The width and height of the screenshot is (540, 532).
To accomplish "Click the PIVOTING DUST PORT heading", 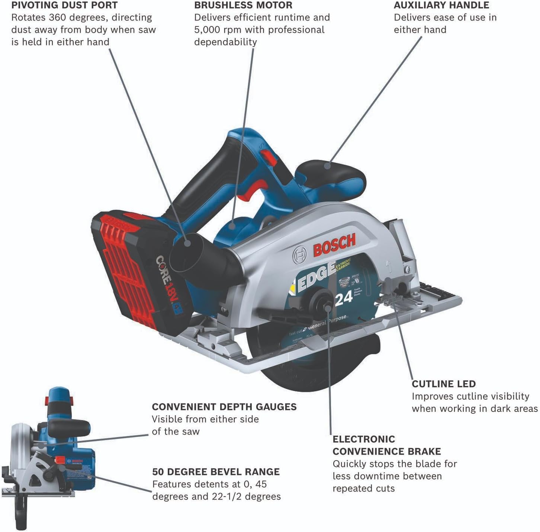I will tap(64, 5).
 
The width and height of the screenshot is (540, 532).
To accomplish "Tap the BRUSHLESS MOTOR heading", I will tap(243, 5).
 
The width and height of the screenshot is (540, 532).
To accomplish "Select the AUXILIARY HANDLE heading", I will tap(441, 5).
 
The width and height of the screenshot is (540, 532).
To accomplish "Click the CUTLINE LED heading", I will tap(444, 384).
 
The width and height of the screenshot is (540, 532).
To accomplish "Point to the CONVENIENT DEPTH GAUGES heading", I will tap(224, 407).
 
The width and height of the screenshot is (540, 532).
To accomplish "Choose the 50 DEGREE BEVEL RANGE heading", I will tap(216, 472).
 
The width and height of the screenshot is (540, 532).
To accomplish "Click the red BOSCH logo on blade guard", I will tap(334, 245).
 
